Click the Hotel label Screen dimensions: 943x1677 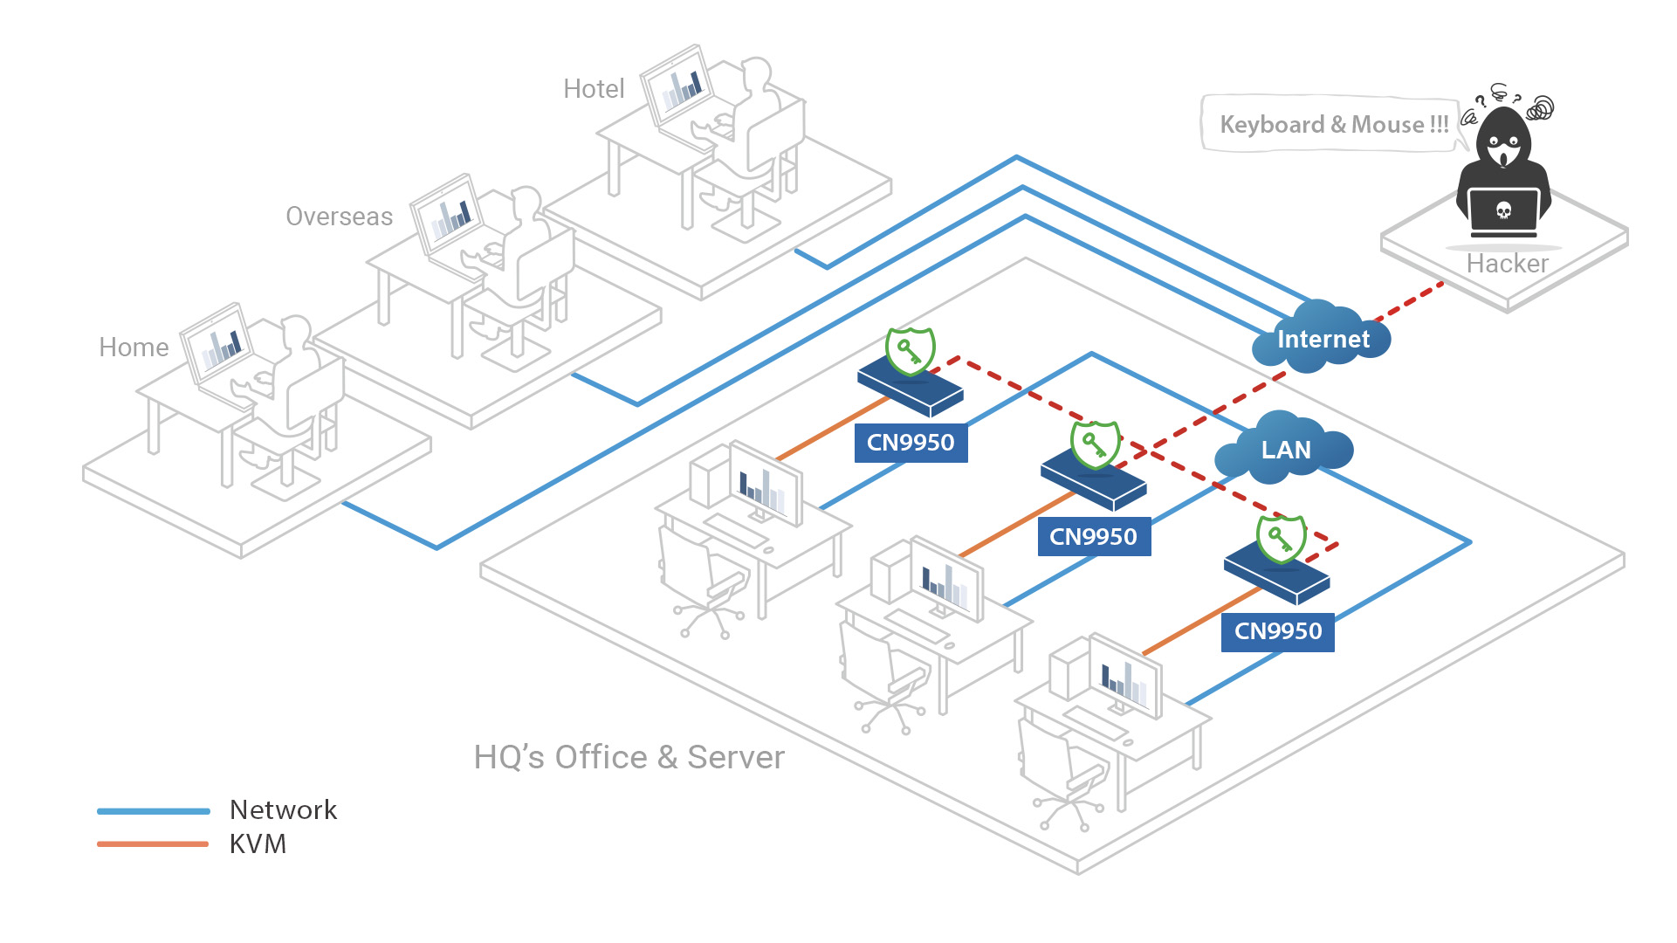tap(594, 89)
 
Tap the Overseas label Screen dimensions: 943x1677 tap(339, 217)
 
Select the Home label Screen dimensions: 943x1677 tap(134, 348)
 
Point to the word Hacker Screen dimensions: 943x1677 tap(1507, 264)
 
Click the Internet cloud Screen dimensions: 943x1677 tap(1322, 339)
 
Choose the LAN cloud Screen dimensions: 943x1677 tap(1285, 450)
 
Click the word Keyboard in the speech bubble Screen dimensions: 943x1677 tap(1271, 125)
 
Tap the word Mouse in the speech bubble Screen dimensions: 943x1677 tap(1387, 125)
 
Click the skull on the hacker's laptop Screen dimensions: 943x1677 tap(1503, 210)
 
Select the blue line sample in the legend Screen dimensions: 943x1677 tap(154, 811)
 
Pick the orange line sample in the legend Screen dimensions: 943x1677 tap(154, 844)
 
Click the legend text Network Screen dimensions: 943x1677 tap(283, 810)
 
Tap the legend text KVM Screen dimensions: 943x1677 tap(258, 844)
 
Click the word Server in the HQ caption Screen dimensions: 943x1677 tap(735, 758)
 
